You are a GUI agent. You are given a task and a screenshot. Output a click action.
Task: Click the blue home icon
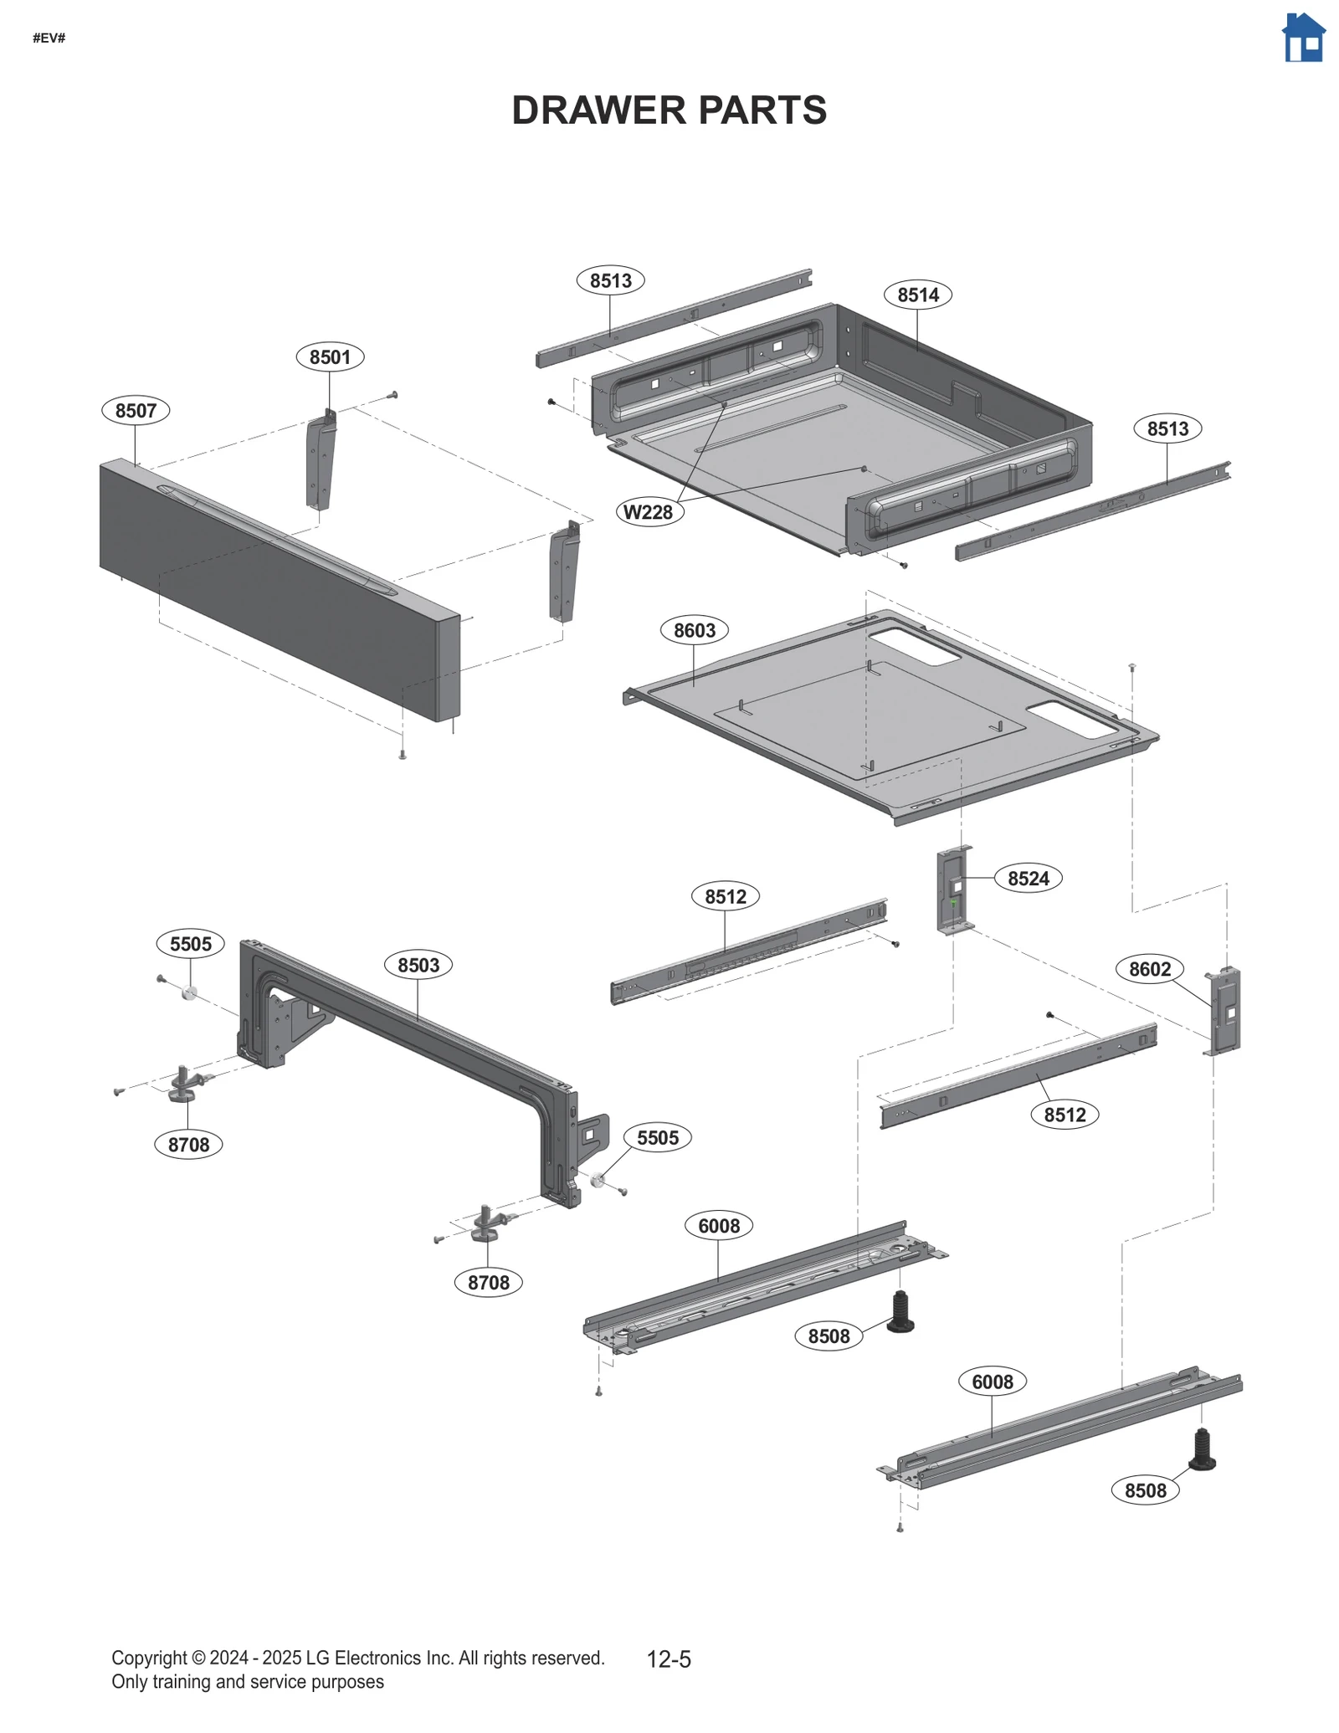coord(1303,38)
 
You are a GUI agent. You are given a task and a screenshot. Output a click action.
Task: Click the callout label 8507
coord(136,410)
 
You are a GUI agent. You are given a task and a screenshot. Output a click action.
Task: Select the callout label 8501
coord(330,356)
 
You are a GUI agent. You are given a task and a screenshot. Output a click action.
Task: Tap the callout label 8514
coord(917,295)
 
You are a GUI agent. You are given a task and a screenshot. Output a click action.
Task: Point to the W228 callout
coord(649,512)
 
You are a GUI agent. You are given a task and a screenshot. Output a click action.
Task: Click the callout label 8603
coord(695,630)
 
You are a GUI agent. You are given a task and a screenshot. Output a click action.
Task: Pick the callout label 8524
coord(1028,878)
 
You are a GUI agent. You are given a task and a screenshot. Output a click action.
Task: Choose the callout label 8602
coord(1150,969)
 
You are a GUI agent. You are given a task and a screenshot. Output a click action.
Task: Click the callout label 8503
coord(418,965)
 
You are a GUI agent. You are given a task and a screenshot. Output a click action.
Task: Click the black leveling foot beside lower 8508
coord(1202,1450)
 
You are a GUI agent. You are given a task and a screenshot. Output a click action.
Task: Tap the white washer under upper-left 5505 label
coord(189,993)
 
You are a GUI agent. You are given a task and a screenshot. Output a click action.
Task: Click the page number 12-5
coord(669,1659)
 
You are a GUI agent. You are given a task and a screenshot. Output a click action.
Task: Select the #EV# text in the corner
coord(49,38)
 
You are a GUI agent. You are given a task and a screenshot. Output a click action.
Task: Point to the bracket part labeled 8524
coord(954,891)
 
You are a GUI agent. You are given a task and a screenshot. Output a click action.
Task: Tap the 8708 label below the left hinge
coord(188,1144)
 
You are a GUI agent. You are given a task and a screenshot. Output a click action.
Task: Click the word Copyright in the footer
coord(149,1658)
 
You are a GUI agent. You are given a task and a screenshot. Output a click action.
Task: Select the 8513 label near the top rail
coord(610,280)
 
